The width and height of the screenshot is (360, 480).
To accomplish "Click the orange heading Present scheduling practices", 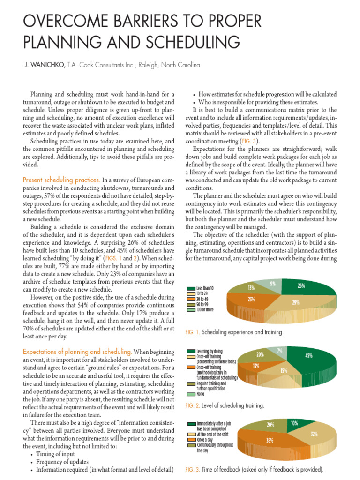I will click(x=61, y=180).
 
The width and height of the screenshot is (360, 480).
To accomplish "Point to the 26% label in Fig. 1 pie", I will click(x=301, y=285).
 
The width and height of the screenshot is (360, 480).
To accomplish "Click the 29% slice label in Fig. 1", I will click(x=296, y=303).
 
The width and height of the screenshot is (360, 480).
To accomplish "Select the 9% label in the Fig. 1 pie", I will click(x=272, y=283).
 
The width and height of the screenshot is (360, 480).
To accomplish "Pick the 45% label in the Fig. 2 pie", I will click(x=308, y=356).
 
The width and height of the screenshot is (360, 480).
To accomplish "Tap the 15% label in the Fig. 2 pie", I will click(x=284, y=371).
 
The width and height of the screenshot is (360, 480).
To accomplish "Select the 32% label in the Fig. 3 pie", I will click(x=314, y=434).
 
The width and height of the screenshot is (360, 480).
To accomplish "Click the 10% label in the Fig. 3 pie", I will click(x=294, y=423).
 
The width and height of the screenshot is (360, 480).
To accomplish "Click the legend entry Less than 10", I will click(x=205, y=288).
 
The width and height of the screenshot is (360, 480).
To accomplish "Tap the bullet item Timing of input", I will click(x=55, y=454).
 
